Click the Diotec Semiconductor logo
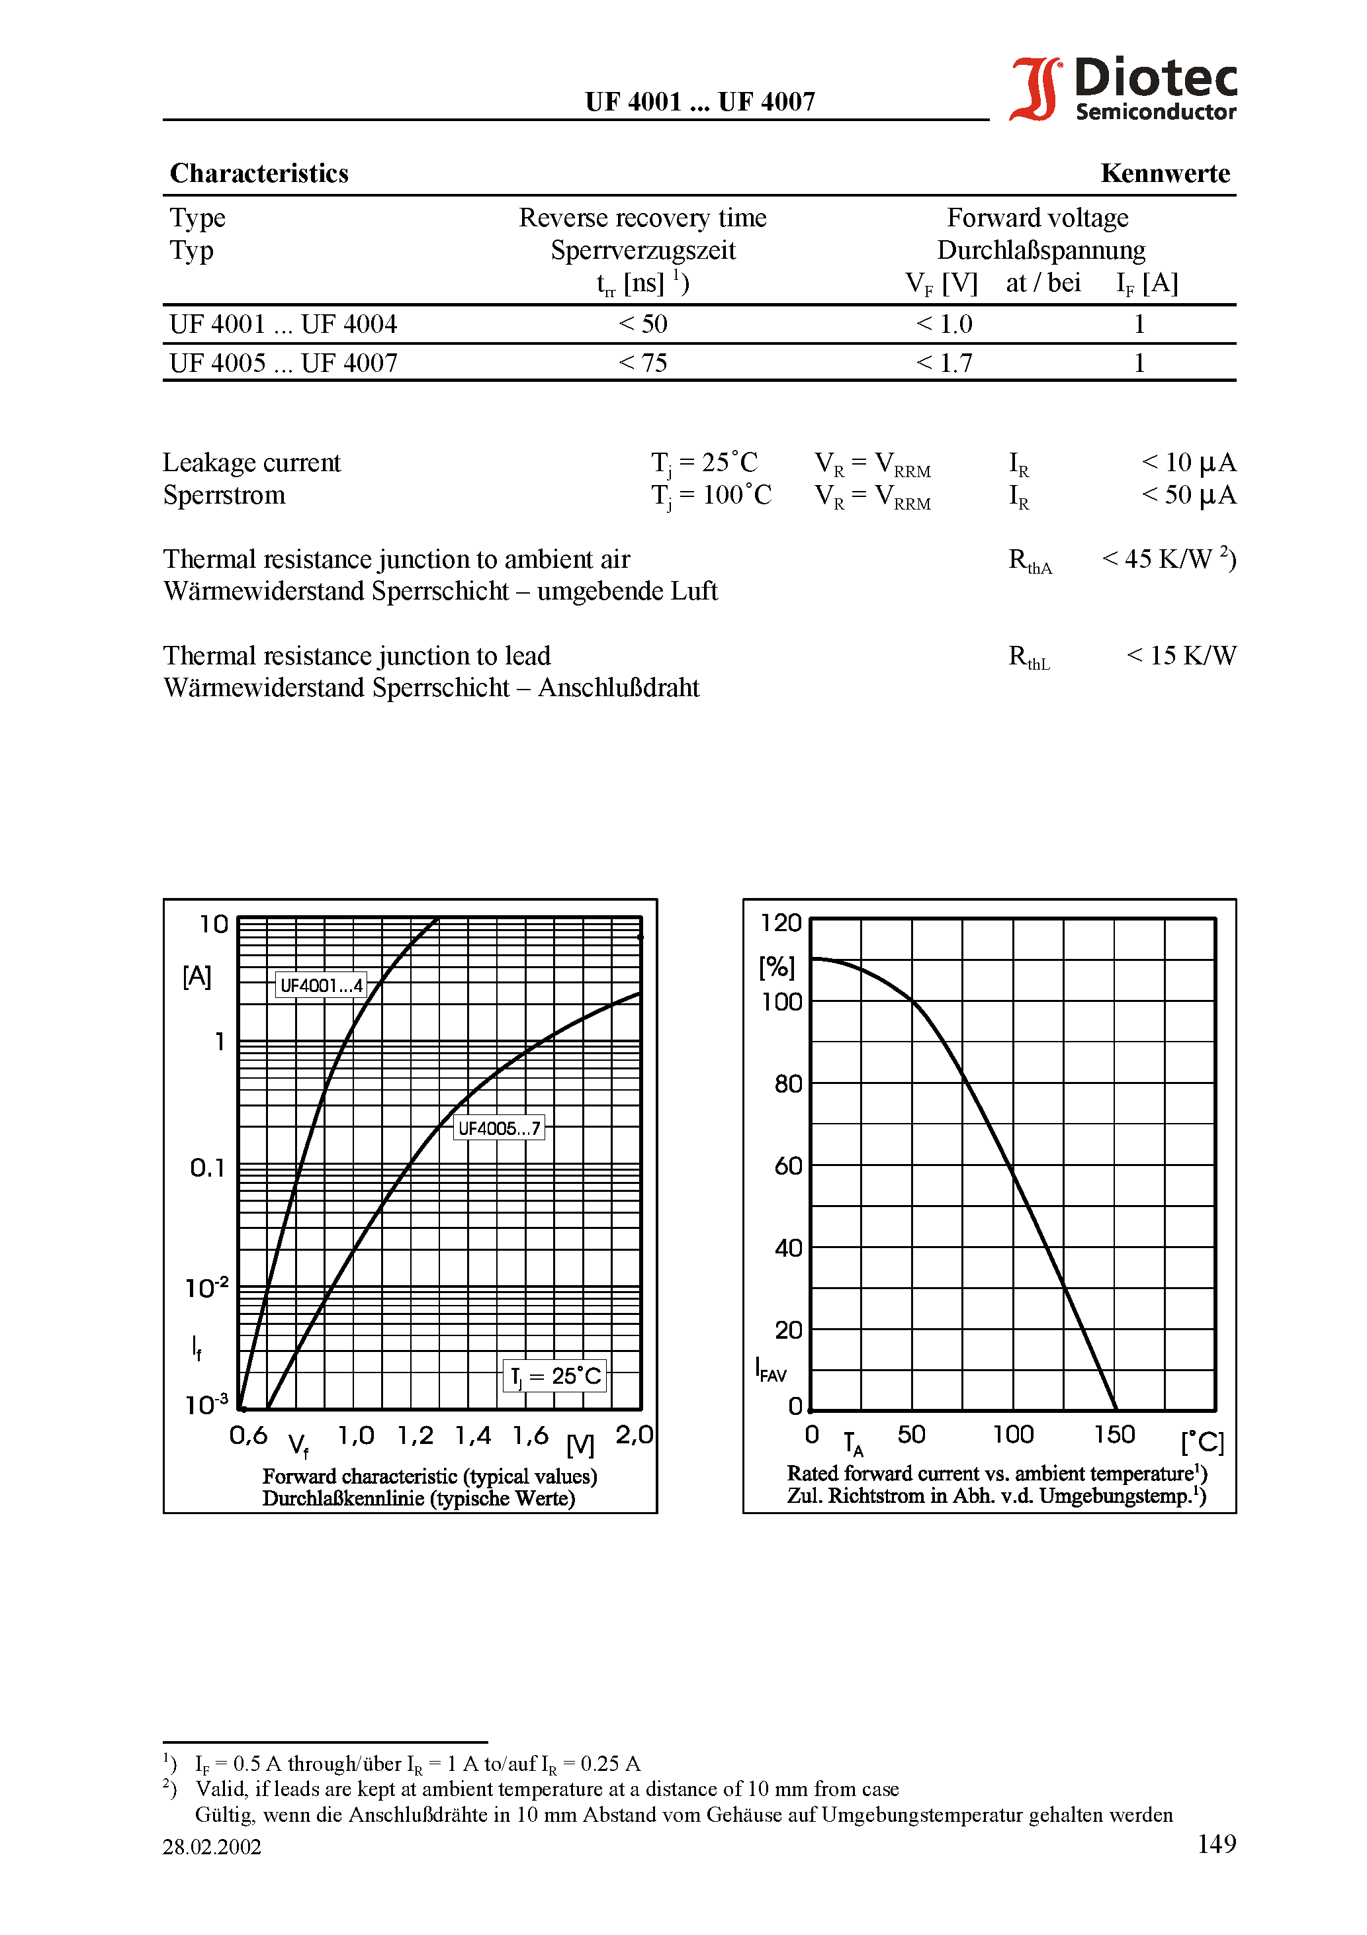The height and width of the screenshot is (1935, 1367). coord(1123,89)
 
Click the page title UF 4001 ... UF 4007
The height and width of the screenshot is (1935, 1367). coord(699,102)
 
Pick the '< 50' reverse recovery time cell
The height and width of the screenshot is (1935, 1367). coord(642,324)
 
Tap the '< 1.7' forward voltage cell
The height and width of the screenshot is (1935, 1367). coord(944,363)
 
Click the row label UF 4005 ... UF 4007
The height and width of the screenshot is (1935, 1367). coord(283,363)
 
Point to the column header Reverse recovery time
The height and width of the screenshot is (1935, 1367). coord(642,218)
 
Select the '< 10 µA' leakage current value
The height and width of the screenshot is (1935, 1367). coord(1188,462)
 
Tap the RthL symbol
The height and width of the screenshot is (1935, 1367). coord(1028,657)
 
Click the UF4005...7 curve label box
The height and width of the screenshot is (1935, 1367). coord(499,1128)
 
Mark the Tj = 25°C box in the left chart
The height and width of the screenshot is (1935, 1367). coord(554,1375)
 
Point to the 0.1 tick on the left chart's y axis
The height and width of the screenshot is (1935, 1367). coord(207,1167)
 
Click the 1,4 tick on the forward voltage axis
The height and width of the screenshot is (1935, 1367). coord(473,1435)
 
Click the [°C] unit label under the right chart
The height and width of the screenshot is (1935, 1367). coord(1201,1442)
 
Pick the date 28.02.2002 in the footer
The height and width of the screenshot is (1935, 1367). coord(212,1846)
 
